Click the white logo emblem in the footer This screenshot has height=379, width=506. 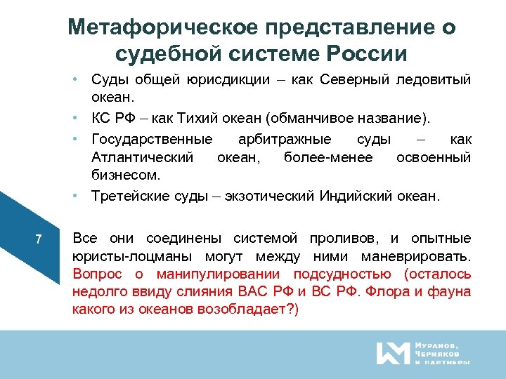[x=391, y=353]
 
